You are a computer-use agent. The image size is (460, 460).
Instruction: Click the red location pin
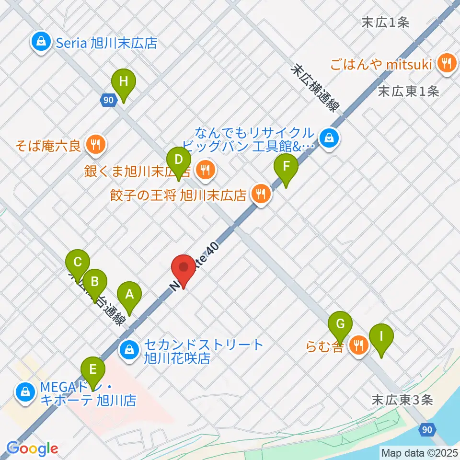pos(183,271)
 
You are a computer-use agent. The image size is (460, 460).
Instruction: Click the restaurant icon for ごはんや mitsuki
pos(447,63)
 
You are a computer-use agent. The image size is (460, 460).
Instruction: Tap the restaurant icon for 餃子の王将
pos(261,195)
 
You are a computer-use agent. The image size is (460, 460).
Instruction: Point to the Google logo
pos(32,448)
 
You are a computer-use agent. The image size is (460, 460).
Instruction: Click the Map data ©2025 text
pos(419,452)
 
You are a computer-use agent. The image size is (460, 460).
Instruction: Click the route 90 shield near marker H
pos(108,100)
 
